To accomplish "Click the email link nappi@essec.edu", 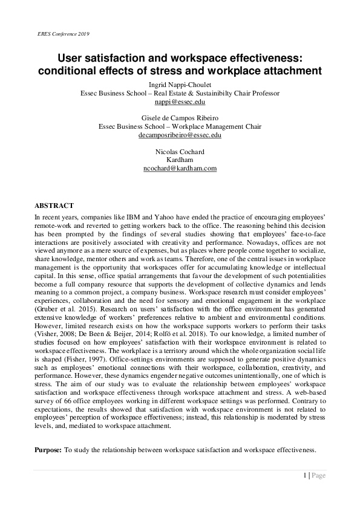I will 180,102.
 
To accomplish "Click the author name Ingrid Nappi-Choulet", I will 180,85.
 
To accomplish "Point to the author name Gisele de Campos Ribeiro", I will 180,118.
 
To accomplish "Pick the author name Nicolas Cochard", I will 180,151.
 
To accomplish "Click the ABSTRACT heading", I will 54,206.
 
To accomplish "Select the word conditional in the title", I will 70,71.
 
